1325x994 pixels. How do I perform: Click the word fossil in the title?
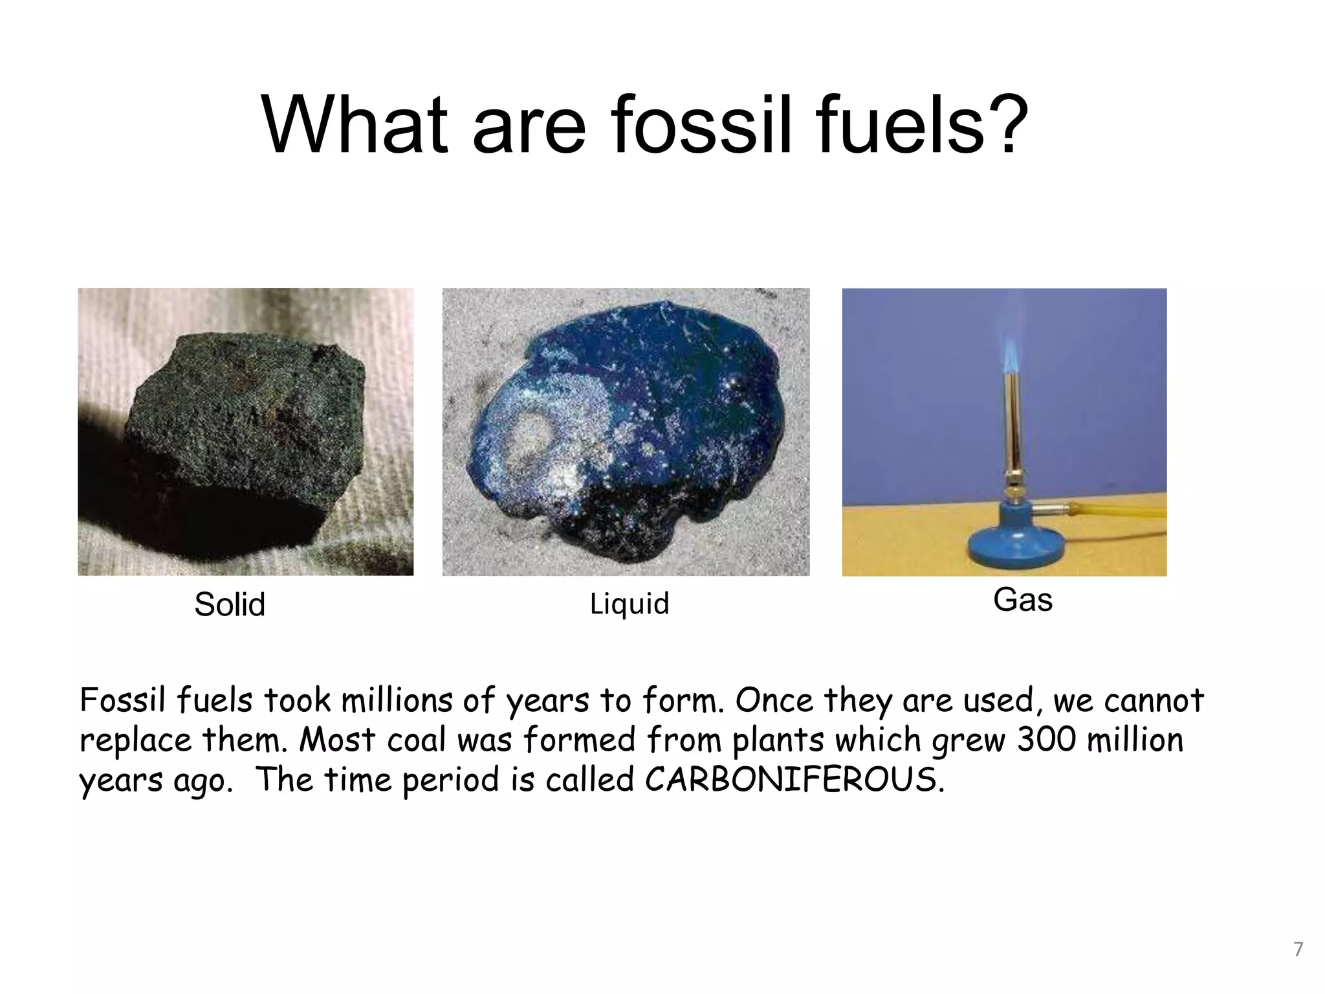pos(701,124)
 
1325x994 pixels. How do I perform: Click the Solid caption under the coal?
pos(230,604)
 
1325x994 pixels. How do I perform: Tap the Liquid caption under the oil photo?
pos(629,604)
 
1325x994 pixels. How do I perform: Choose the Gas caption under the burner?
pos(1022,599)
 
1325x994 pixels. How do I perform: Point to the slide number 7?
pos(1298,949)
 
